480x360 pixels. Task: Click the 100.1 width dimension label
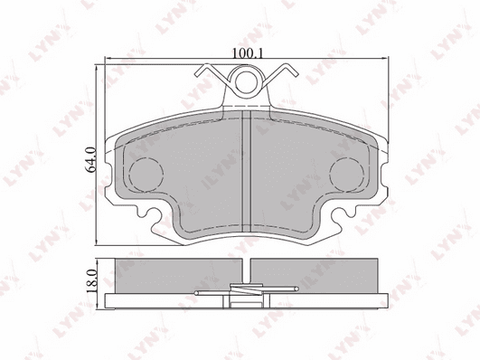pyautogui.click(x=247, y=53)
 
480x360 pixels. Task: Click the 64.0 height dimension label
pyautogui.click(x=92, y=159)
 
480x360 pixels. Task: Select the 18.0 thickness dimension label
pyautogui.click(x=92, y=281)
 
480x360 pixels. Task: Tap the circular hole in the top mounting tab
pyautogui.click(x=246, y=81)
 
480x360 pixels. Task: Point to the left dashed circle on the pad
pyautogui.click(x=146, y=175)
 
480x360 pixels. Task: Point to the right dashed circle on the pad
pyautogui.click(x=346, y=175)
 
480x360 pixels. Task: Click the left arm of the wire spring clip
pyautogui.click(x=212, y=73)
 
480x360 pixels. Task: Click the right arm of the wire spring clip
pyautogui.click(x=280, y=73)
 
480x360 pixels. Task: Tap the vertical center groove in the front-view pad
pyautogui.click(x=247, y=172)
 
